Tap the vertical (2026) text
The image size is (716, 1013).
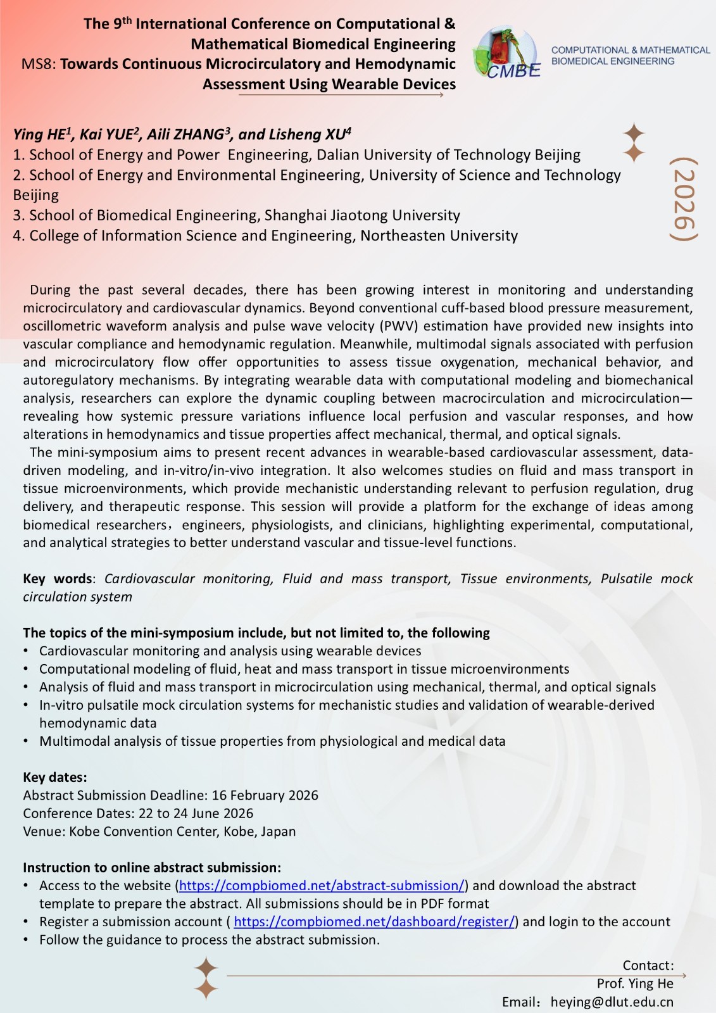[x=684, y=199]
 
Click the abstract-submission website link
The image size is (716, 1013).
[x=322, y=886]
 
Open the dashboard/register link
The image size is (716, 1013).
[x=374, y=922]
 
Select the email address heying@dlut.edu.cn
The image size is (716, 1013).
[x=612, y=1002]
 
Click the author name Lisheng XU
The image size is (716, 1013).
[x=310, y=135]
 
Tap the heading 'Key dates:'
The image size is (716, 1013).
[x=55, y=777]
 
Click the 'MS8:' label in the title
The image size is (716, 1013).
[x=39, y=64]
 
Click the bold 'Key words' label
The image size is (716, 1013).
[x=58, y=579]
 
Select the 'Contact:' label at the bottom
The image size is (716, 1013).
[x=648, y=966]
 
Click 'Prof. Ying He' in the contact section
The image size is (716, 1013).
[x=634, y=983]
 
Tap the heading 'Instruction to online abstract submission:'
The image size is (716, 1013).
[x=152, y=867]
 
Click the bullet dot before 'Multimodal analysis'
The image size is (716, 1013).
[x=26, y=741]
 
